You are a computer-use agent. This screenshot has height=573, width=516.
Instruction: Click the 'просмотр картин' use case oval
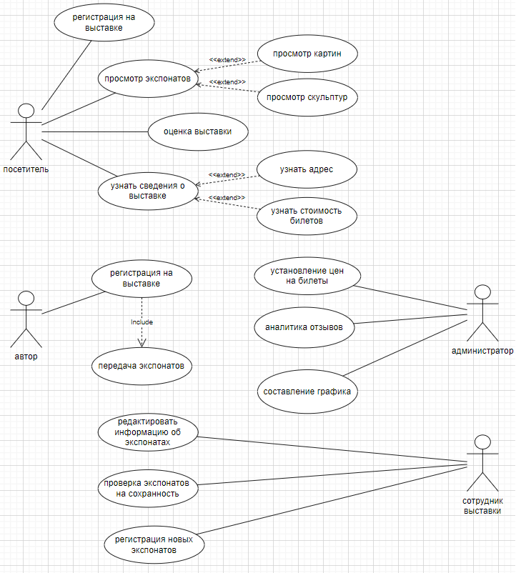(307, 54)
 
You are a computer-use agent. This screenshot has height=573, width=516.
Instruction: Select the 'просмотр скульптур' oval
(307, 97)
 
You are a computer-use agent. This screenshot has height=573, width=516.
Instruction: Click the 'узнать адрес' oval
(306, 169)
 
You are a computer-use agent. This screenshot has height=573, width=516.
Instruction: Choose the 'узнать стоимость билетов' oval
(306, 215)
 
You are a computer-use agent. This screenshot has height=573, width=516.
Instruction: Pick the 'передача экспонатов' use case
(142, 366)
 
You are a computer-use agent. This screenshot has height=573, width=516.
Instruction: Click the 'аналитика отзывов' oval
(304, 327)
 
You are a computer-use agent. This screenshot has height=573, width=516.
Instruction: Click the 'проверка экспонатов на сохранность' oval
(148, 487)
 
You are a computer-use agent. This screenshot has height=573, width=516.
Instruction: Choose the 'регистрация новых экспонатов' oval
(153, 545)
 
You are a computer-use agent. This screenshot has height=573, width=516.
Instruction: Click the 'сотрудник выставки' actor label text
(482, 507)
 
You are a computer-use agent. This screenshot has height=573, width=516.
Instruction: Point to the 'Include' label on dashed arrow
(142, 322)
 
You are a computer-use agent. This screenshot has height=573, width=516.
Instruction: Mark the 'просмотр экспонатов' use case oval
(147, 79)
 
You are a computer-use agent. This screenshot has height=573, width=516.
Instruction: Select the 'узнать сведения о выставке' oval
(147, 191)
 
